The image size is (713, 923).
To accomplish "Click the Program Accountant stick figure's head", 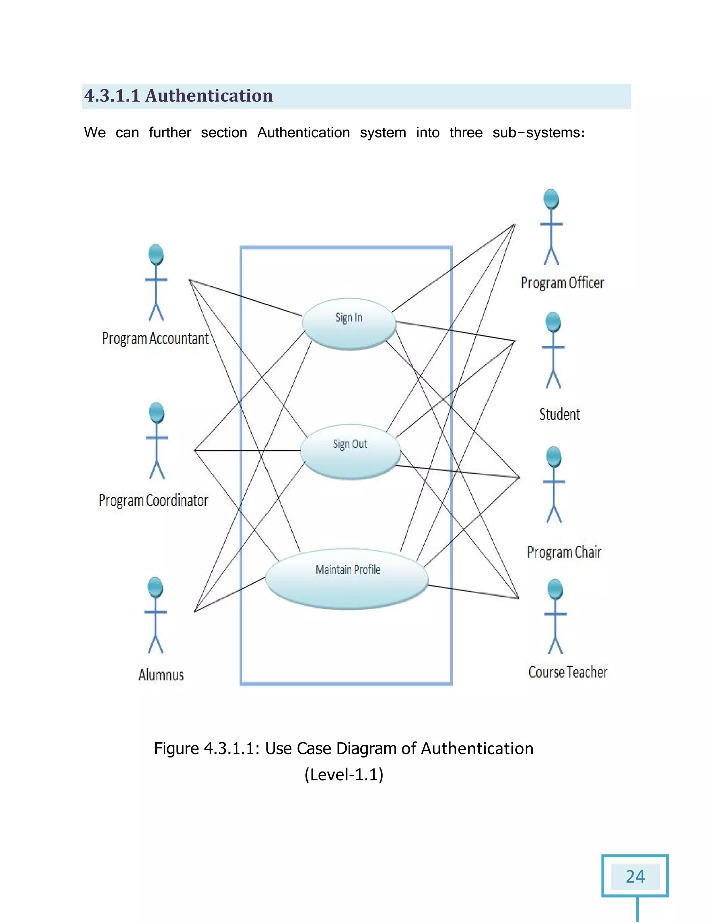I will [156, 255].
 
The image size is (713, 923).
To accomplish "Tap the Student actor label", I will [560, 414].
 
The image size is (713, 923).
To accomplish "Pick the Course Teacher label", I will [568, 672].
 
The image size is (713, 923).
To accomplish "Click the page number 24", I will [635, 877].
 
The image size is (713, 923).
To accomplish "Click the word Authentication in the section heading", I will [209, 96].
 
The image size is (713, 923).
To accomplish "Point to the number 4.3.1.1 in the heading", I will [112, 96].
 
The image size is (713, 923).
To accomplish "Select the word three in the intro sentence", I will [465, 133].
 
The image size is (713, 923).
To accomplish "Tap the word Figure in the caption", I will [176, 749].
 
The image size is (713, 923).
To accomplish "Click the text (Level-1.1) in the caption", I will [344, 775].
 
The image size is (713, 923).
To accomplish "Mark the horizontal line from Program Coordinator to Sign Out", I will [247, 450].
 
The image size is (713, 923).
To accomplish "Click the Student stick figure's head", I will [553, 323].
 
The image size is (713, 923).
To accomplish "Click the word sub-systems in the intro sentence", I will [539, 133].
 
